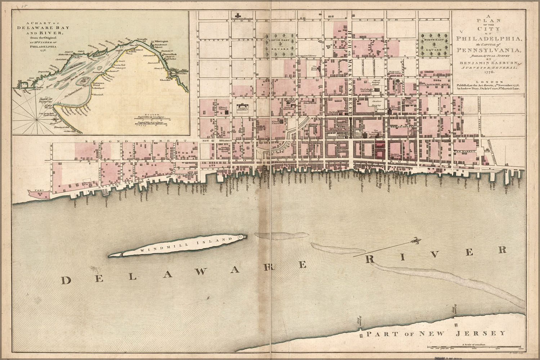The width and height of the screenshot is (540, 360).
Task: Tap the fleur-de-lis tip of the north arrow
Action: [x=416, y=240]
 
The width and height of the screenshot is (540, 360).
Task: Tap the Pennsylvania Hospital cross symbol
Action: [x=238, y=15]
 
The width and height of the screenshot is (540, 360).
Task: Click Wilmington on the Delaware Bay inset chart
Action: [x=162, y=42]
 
